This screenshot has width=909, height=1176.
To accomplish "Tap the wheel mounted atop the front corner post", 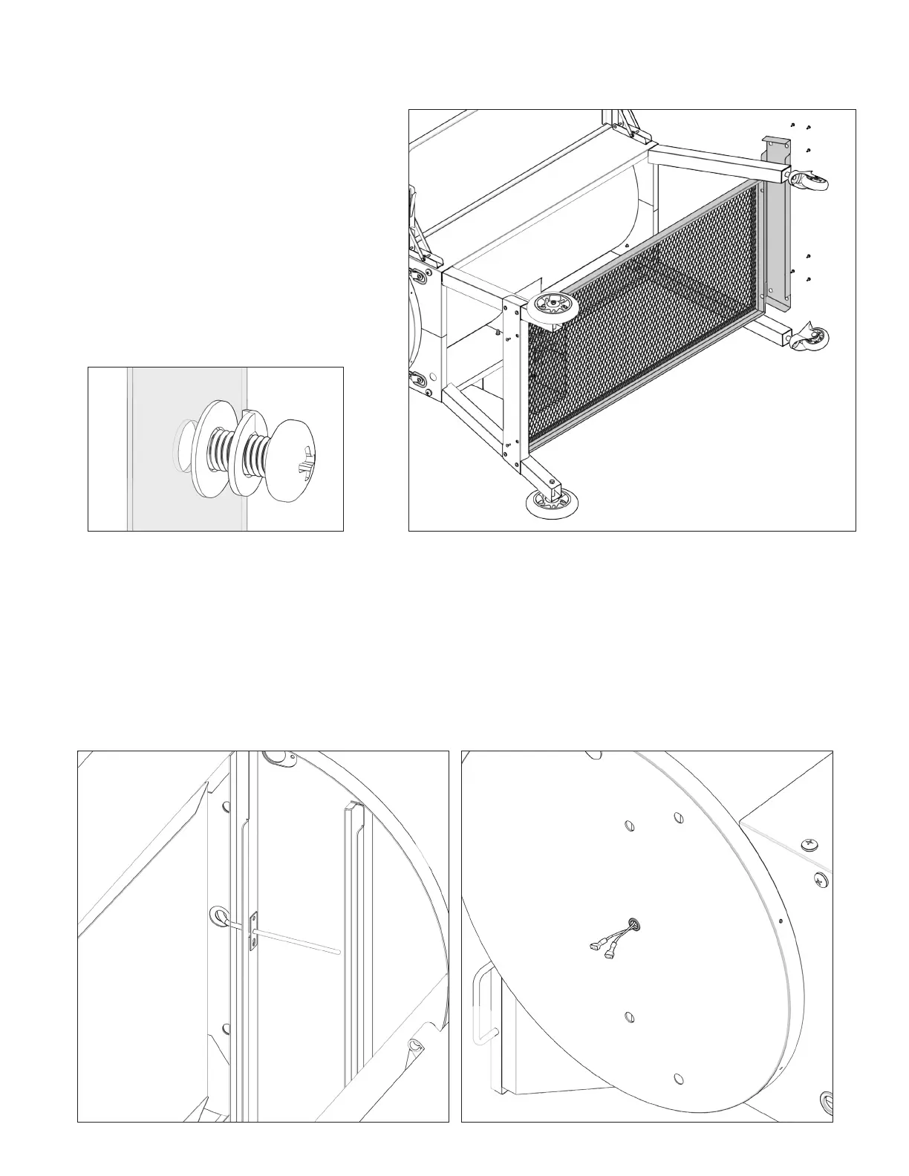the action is [553, 306].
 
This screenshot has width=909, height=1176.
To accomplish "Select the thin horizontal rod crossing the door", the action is [297, 937].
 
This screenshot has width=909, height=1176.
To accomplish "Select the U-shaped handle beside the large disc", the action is [483, 1002].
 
